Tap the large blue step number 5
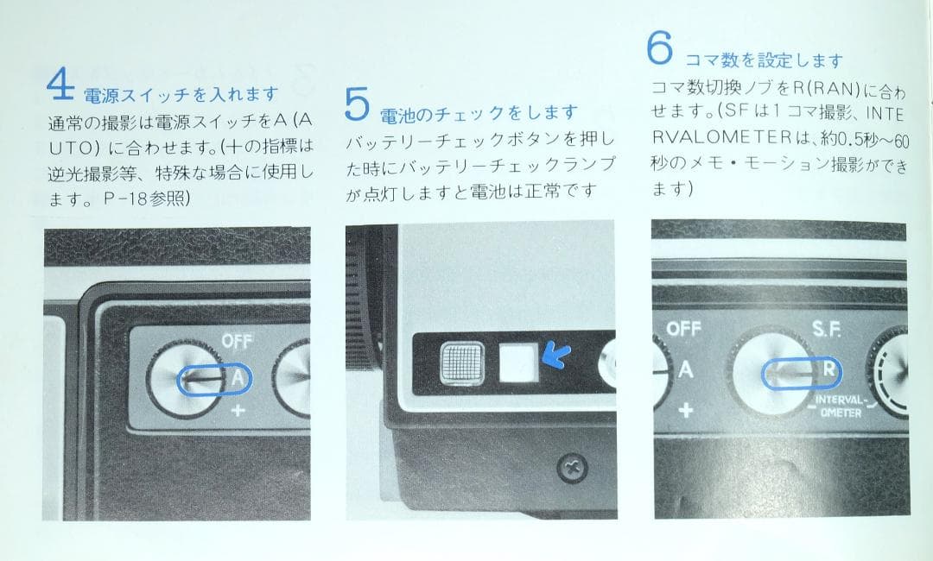[357, 104]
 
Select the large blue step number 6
[659, 48]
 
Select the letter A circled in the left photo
[239, 377]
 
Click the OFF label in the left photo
[238, 342]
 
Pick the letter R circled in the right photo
[828, 370]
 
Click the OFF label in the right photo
[683, 330]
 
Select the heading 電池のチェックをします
[478, 113]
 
